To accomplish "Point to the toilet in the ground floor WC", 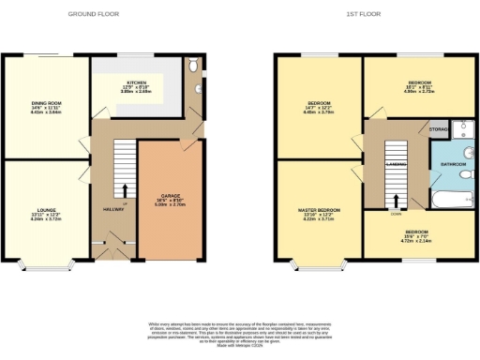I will (x=192, y=66).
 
